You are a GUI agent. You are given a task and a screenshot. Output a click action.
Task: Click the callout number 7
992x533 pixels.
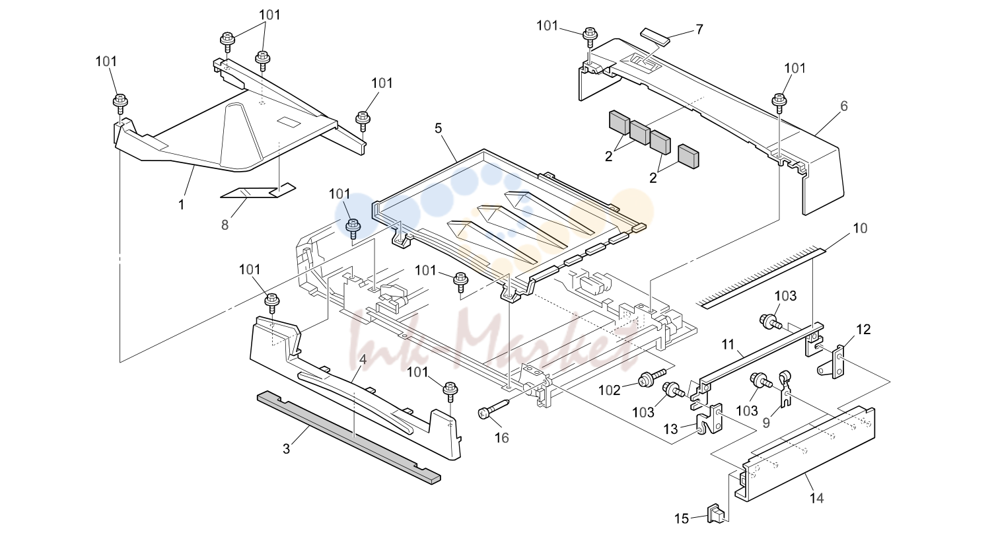click(699, 30)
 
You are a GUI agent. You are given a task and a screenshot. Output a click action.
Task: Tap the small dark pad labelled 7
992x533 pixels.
click(655, 36)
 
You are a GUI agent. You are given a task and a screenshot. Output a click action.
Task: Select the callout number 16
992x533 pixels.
click(501, 438)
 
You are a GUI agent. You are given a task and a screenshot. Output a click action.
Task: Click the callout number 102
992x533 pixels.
click(610, 390)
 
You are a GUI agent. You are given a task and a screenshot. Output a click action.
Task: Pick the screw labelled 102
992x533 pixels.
click(651, 377)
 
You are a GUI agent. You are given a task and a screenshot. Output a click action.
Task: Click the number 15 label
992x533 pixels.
click(682, 518)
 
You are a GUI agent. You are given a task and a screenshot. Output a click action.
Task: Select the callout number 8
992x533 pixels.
click(225, 225)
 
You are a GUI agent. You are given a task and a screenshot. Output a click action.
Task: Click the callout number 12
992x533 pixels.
click(863, 330)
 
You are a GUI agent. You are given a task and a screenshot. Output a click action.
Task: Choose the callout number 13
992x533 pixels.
click(670, 429)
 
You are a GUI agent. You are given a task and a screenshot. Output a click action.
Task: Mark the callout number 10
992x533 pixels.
click(860, 229)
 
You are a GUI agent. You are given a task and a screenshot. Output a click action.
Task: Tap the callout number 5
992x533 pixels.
click(438, 128)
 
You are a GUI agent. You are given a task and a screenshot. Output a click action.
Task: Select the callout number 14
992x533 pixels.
click(816, 498)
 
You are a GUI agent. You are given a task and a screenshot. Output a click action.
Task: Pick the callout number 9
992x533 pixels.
click(765, 423)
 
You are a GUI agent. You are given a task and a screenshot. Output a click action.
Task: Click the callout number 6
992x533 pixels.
click(843, 106)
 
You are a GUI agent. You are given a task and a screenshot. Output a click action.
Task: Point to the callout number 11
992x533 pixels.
click(728, 344)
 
